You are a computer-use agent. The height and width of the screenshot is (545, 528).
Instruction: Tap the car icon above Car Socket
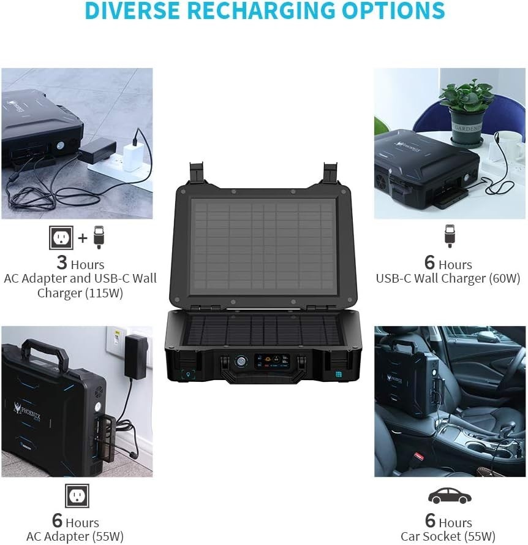[x=450, y=495]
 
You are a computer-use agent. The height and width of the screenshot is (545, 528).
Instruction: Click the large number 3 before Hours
[x=62, y=262]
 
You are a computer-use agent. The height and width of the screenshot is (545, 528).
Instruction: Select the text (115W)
[x=105, y=293]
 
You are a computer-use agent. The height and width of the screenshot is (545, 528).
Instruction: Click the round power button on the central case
[x=241, y=362]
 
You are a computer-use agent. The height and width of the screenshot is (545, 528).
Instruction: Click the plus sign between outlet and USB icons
[x=83, y=238]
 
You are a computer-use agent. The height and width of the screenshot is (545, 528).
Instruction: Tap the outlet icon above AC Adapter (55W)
[x=77, y=495]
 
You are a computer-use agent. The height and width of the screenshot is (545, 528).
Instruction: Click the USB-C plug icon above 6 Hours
[x=450, y=236]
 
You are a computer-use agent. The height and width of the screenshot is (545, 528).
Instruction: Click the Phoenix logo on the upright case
[x=28, y=410]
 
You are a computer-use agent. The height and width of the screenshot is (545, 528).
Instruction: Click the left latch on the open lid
[x=197, y=173]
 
